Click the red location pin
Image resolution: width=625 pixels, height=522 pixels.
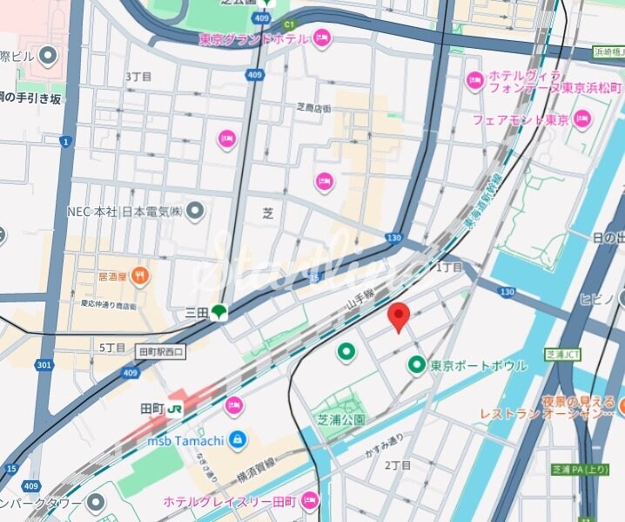(x=398, y=317)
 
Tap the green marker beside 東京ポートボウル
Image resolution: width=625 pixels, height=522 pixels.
(x=417, y=365)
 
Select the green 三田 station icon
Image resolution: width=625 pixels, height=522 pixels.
(x=218, y=311)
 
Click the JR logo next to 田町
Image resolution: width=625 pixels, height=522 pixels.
(x=176, y=409)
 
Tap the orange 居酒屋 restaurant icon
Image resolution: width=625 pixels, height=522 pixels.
(x=140, y=277)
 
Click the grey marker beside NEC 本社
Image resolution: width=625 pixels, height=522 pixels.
(x=196, y=211)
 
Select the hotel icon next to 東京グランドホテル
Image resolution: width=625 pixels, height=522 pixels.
(x=321, y=37)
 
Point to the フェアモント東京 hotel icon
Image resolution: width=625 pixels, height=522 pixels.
(x=581, y=119)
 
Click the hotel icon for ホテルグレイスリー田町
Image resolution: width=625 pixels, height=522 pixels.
(x=309, y=501)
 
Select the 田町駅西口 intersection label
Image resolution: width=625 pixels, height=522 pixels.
(x=162, y=351)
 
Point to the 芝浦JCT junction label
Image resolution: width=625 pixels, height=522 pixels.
(x=562, y=355)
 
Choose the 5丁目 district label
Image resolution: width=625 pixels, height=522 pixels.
(x=112, y=347)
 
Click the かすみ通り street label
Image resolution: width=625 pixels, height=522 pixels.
(x=384, y=443)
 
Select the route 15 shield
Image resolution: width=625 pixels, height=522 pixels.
(x=10, y=469)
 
